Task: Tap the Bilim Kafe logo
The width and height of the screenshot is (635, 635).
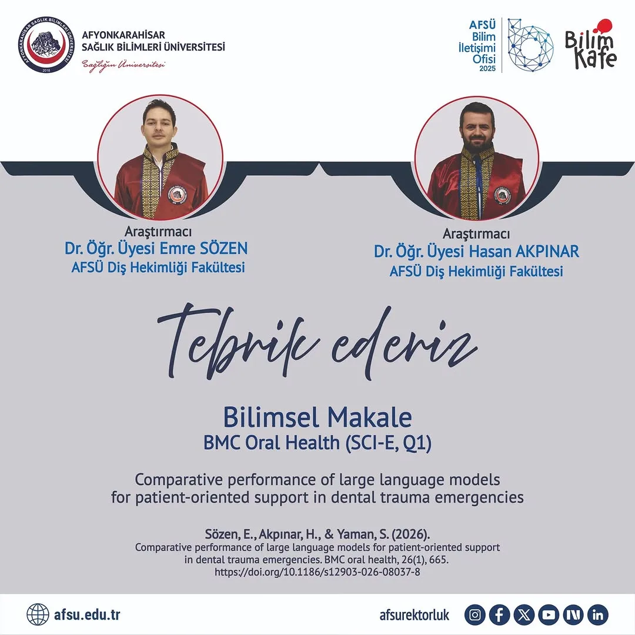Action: coord(590,45)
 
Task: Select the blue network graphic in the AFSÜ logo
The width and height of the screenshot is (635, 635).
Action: coord(529,45)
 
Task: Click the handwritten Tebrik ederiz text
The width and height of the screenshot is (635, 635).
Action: coord(317,341)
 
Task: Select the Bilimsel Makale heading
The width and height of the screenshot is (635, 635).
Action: coord(317,417)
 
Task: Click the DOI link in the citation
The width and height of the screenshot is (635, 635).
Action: coord(317,571)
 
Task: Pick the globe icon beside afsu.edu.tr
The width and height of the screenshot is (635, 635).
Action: coord(38,615)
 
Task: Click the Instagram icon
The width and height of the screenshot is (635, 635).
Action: coord(475,615)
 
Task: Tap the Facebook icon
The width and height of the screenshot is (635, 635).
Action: coord(499,615)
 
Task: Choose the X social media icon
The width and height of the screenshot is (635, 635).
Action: coord(524,615)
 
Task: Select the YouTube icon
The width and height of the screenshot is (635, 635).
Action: coord(549,615)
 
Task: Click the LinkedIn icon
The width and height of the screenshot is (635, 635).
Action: coord(597,615)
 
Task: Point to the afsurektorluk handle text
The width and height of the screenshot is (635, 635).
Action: coord(415,615)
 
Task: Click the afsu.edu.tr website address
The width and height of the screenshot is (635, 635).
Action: coord(86,615)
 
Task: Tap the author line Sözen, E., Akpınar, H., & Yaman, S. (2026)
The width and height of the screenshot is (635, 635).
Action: coord(317,535)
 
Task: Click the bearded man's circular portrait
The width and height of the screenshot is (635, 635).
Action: coord(476,158)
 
